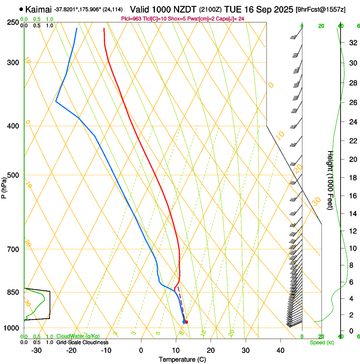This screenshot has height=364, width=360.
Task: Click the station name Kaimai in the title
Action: (x=39, y=9)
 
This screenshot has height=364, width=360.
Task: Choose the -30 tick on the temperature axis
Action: (x=37, y=350)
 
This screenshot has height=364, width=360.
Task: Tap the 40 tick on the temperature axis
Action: (x=280, y=350)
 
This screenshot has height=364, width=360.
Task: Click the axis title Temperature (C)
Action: (x=182, y=359)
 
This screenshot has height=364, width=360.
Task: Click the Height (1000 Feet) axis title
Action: (x=331, y=180)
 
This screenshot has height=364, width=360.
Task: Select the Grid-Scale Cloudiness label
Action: (x=82, y=342)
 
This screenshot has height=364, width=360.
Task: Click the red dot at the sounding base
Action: (x=186, y=322)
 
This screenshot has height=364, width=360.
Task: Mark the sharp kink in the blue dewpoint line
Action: (x=56, y=102)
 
